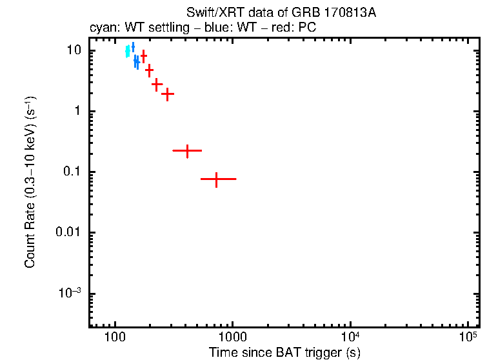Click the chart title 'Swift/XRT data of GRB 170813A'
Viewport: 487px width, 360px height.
tap(281, 13)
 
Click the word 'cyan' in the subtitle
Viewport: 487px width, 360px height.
tap(101, 28)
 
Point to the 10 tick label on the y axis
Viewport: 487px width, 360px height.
tap(74, 51)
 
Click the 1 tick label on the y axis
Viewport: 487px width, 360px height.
tap(77, 112)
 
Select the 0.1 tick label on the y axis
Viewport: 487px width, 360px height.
tap(72, 172)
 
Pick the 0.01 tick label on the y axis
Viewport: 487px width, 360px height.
tap(70, 233)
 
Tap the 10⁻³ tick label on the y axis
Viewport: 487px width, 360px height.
tap(71, 293)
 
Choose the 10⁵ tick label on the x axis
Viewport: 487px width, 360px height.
tap(468, 336)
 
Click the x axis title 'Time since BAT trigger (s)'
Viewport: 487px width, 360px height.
tap(284, 352)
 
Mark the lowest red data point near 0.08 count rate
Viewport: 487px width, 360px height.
tap(216, 179)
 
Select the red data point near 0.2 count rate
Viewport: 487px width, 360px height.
tap(187, 150)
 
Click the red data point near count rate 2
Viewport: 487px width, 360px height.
tap(168, 94)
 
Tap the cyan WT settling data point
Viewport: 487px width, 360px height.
tap(128, 51)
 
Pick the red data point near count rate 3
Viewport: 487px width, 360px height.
tap(157, 84)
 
